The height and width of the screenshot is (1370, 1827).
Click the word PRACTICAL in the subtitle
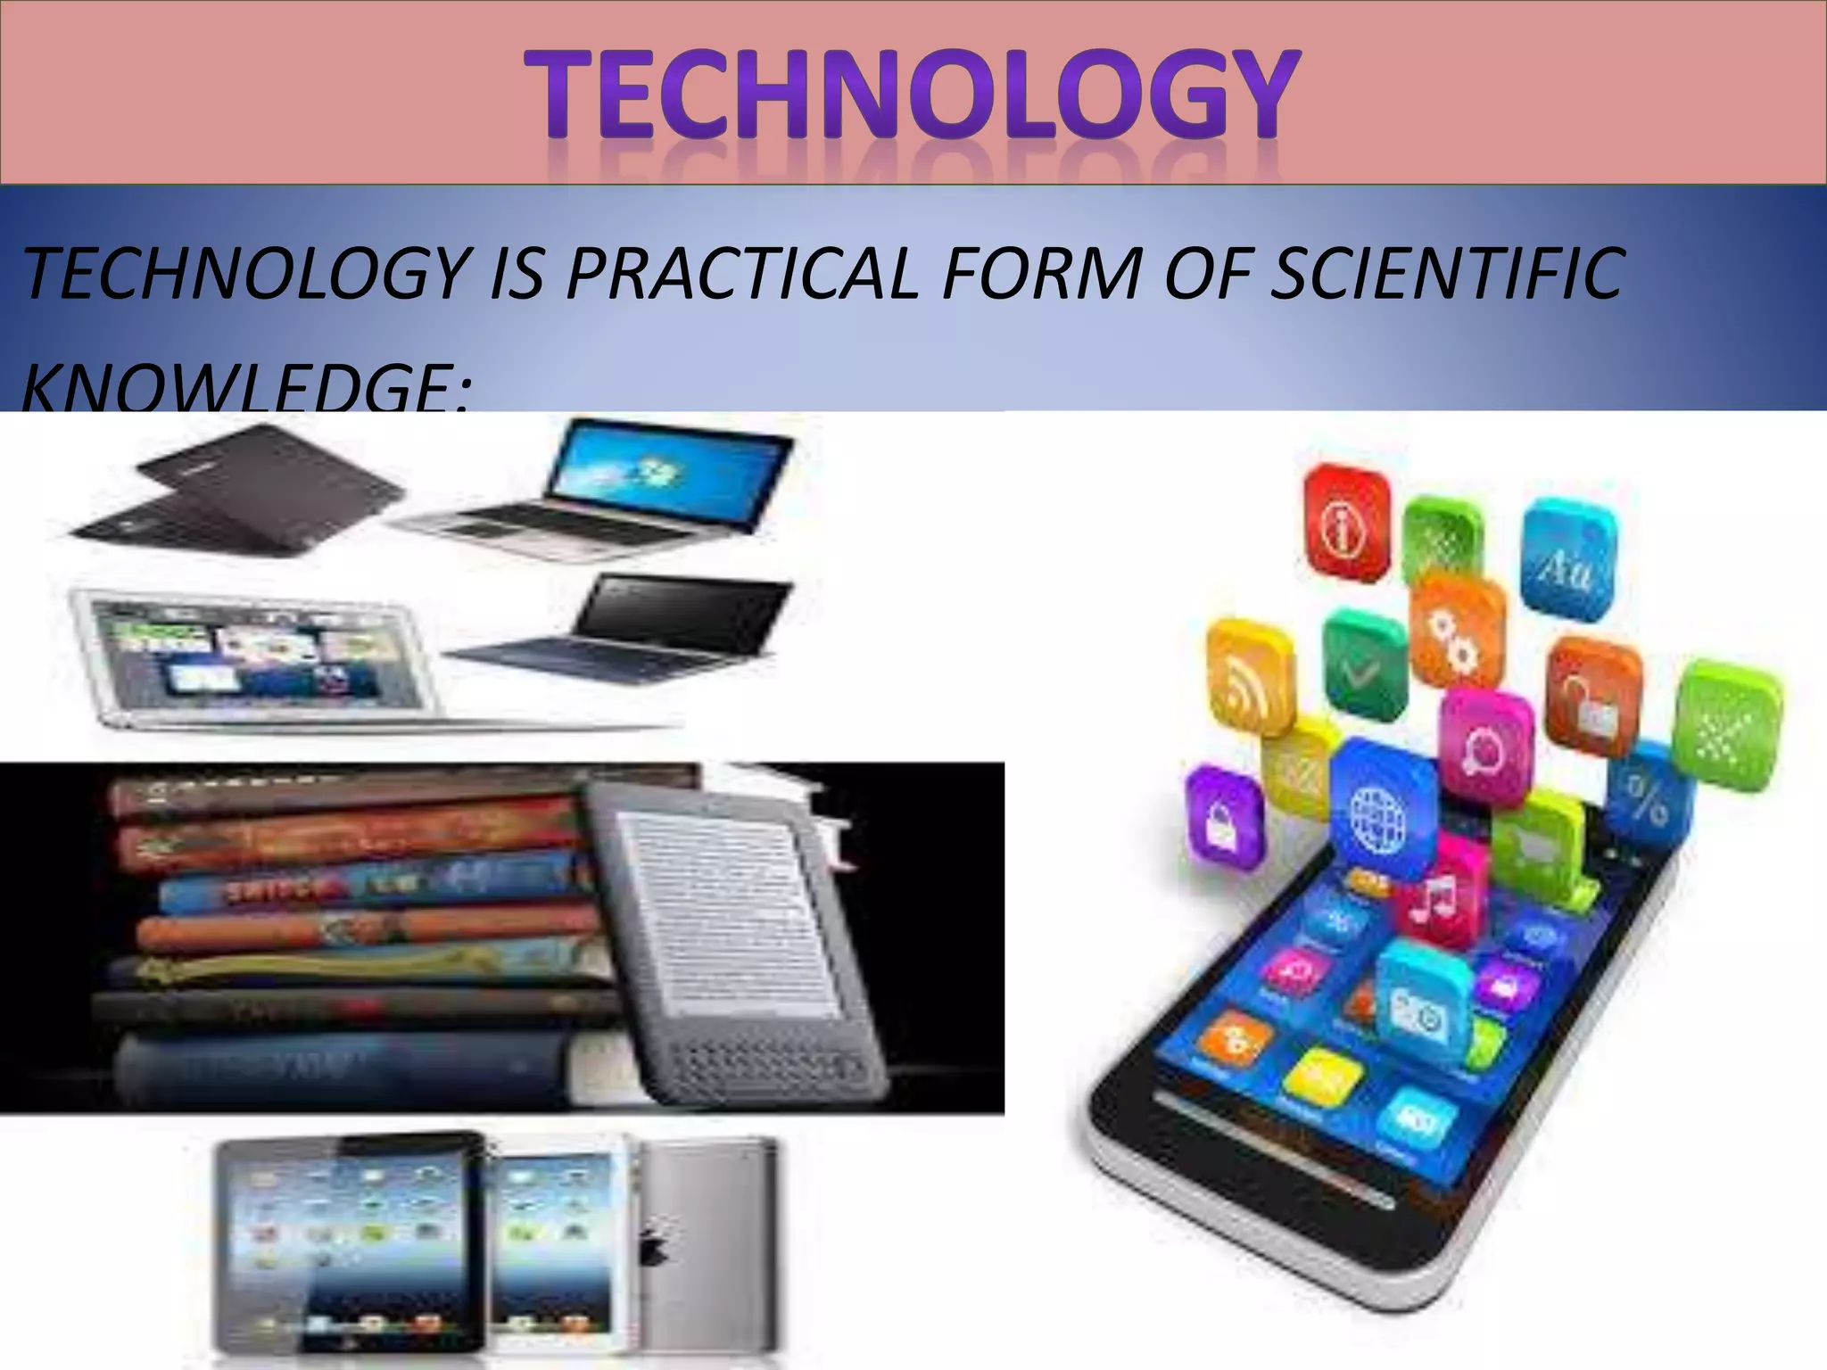(x=740, y=274)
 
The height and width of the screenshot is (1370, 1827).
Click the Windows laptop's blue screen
(x=669, y=468)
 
